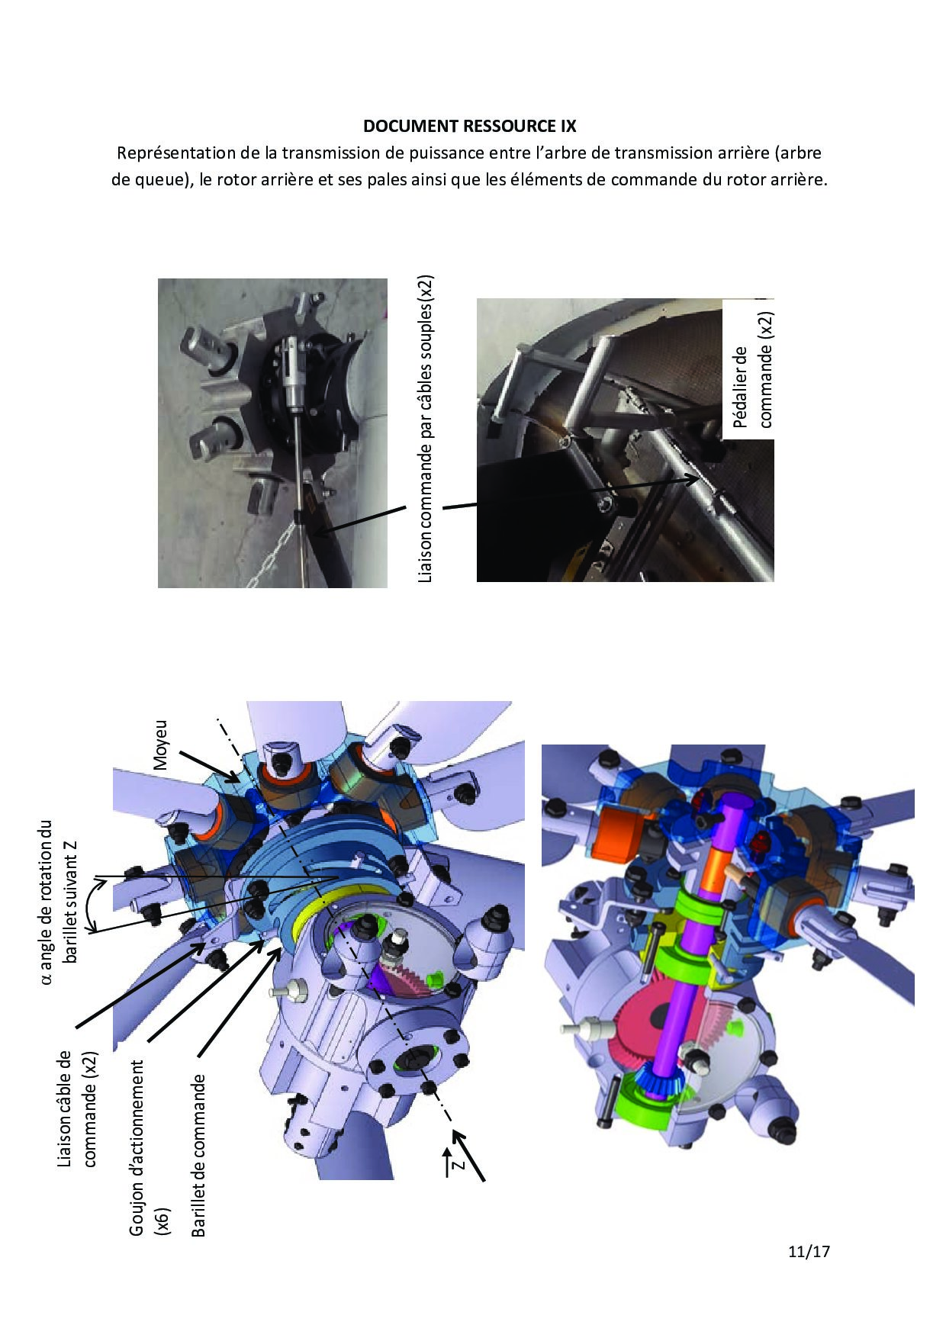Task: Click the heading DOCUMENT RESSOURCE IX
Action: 469,126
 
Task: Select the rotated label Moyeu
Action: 159,744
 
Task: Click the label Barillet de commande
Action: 198,1155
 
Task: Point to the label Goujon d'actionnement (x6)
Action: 148,1148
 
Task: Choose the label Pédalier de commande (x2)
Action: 752,369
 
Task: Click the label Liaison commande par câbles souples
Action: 426,429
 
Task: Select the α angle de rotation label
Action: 59,902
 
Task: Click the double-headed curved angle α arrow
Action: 94,905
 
